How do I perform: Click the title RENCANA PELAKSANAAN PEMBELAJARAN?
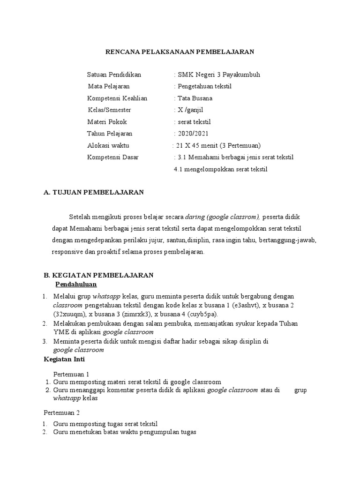click(x=179, y=52)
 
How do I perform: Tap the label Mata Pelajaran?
click(x=109, y=86)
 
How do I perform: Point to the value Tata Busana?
click(x=195, y=98)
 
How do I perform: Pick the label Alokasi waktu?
click(x=108, y=145)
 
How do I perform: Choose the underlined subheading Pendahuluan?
click(x=76, y=285)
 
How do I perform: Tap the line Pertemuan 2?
click(x=62, y=413)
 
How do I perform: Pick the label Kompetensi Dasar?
click(x=112, y=157)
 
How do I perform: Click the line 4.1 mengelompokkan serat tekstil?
click(x=220, y=169)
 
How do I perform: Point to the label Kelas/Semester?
click(x=110, y=110)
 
